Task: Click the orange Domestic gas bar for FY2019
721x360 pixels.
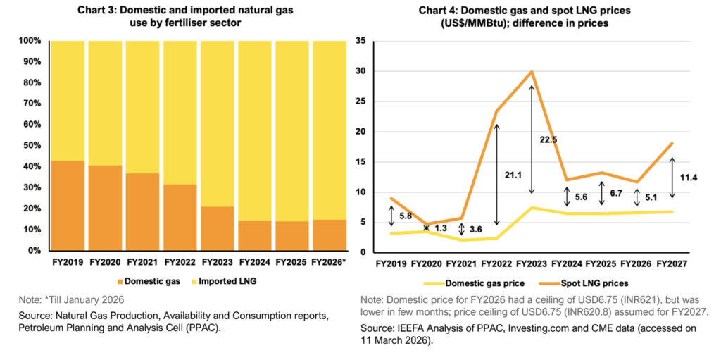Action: (x=68, y=205)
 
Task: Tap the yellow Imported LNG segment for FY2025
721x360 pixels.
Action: (x=292, y=130)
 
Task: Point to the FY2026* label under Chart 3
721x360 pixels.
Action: (x=330, y=263)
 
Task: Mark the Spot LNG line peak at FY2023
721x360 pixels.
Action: (x=532, y=72)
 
